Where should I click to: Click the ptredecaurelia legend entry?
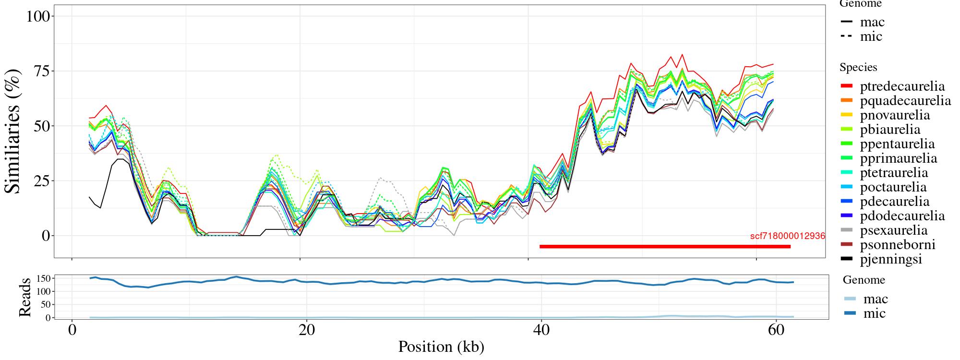tap(902, 86)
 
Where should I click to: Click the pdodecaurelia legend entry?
tap(902, 216)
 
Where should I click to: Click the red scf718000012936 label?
tap(787, 236)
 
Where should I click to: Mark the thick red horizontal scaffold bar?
tap(665, 247)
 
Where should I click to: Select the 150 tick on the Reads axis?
tap(44, 278)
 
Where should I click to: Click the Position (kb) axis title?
tap(441, 347)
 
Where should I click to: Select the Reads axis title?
tap(24, 297)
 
